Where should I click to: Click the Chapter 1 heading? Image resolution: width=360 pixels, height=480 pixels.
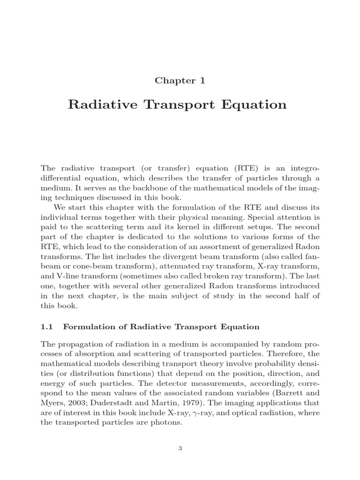(x=180, y=80)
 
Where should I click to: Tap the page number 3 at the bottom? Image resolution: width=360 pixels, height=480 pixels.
(x=180, y=448)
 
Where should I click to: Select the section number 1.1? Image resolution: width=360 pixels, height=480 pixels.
(x=47, y=326)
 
